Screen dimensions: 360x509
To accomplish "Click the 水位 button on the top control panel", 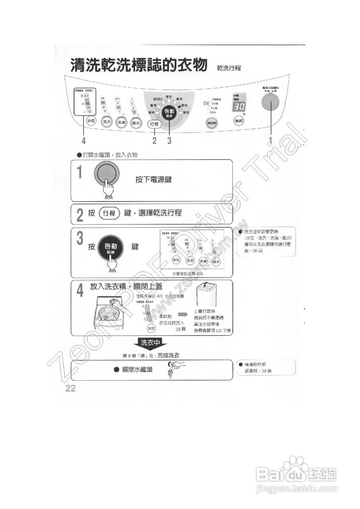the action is click(x=91, y=120).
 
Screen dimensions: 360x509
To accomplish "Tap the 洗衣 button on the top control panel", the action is click(x=106, y=122).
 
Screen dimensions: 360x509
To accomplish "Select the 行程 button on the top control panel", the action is click(x=155, y=124).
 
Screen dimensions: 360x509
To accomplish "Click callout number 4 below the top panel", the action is click(x=84, y=140).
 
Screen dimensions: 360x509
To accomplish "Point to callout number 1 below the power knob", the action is click(x=271, y=140).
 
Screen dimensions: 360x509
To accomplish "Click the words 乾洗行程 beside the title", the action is click(x=229, y=68).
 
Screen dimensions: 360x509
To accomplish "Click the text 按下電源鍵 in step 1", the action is click(x=153, y=180).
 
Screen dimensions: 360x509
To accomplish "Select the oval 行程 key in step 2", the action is click(x=109, y=214).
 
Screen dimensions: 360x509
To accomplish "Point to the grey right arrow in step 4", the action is click(x=182, y=314).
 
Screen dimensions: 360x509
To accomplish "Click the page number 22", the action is click(x=70, y=388).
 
